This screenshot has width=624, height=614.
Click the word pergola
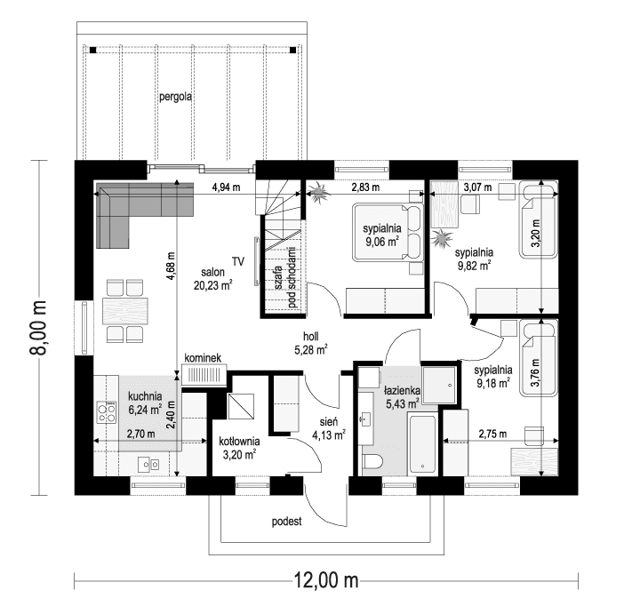click(x=175, y=97)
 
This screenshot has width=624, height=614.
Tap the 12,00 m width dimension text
click(x=326, y=580)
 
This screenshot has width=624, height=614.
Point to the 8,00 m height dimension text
click(x=38, y=327)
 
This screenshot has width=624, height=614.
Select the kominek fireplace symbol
click(x=204, y=374)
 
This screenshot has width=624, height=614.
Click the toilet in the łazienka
click(x=372, y=461)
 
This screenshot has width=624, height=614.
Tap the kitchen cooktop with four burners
click(x=107, y=412)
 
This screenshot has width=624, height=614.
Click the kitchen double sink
click(x=148, y=464)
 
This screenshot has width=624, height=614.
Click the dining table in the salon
click(x=125, y=311)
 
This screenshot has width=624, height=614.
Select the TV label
click(x=238, y=261)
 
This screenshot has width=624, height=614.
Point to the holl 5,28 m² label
click(x=311, y=343)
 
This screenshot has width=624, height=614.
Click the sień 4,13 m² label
click(x=329, y=428)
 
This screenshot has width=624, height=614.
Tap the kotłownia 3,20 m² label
click(x=239, y=448)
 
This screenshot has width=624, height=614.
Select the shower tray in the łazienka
click(x=439, y=385)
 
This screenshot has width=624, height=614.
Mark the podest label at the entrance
click(x=287, y=521)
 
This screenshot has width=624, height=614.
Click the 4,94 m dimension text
click(x=226, y=187)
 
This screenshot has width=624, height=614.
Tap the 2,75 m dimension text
click(x=492, y=434)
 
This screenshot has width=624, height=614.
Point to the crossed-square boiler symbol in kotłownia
click(x=241, y=406)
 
